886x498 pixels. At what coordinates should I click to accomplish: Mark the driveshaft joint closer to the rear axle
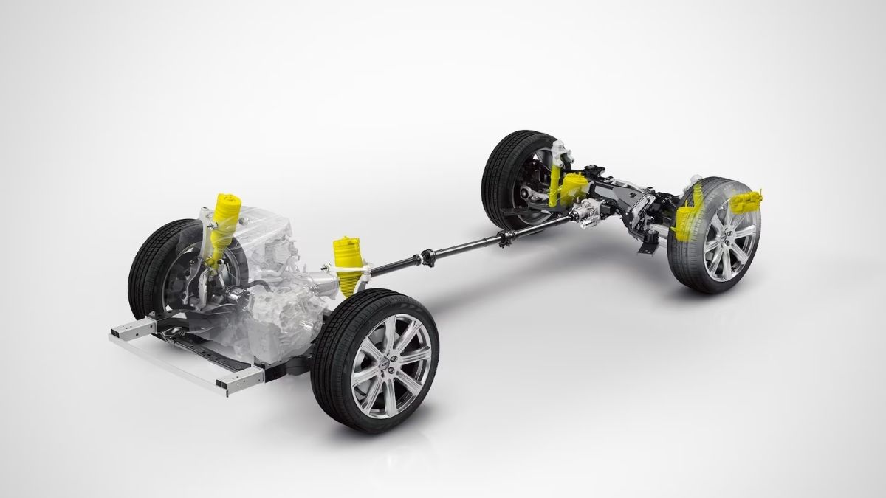click(506, 237)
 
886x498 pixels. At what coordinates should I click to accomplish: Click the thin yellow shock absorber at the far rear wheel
click(555, 177)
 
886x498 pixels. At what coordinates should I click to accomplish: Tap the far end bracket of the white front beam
click(123, 328)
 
